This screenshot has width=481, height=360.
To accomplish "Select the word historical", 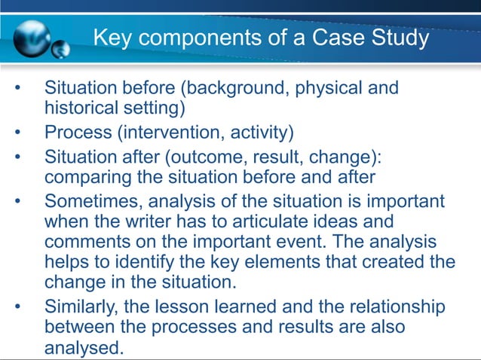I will pyautogui.click(x=84, y=108).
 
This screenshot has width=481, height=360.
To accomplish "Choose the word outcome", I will pyautogui.click(x=218, y=158).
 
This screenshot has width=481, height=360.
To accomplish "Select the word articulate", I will pyautogui.click(x=286, y=221).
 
